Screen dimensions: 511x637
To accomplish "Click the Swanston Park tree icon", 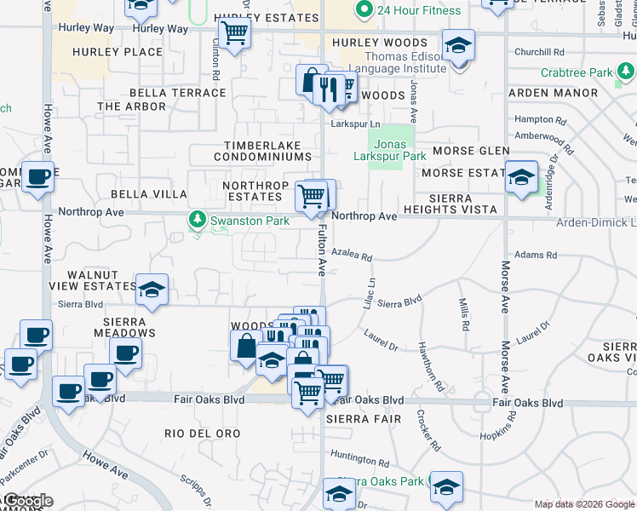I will [198, 221].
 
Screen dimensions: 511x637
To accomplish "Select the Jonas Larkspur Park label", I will [390, 151].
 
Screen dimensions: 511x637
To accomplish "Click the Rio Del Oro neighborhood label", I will [203, 433].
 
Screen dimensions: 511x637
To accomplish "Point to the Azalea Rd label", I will [353, 255].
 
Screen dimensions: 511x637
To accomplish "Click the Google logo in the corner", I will [27, 502].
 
